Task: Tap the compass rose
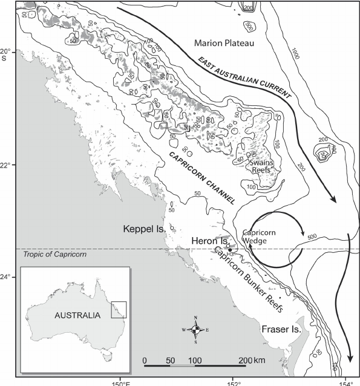click(195, 329)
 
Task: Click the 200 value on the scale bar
click(245, 360)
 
